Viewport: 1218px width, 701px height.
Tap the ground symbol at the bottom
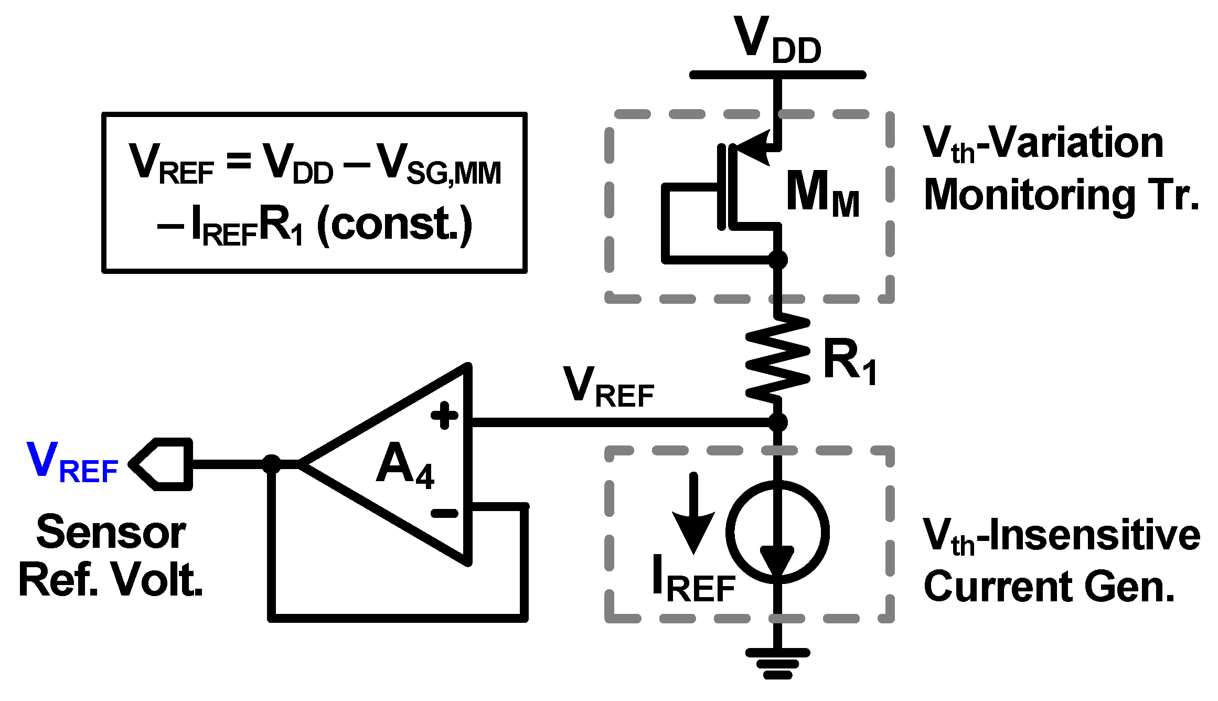tap(777, 662)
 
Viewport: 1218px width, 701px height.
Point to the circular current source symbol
tap(777, 531)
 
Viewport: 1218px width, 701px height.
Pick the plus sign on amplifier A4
tap(444, 416)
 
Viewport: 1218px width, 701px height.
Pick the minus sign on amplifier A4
tap(444, 513)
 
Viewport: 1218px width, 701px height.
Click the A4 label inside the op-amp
tap(404, 464)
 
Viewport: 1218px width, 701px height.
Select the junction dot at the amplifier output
tap(272, 464)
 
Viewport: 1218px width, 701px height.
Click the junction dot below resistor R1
tap(777, 422)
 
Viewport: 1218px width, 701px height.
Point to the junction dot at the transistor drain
tap(777, 259)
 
